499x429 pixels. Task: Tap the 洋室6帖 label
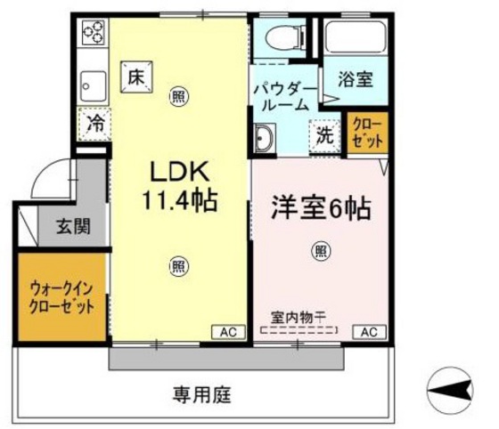(320, 210)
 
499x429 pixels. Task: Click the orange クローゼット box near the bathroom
(367, 133)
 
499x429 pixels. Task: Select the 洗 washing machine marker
(326, 136)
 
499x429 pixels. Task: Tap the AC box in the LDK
(227, 332)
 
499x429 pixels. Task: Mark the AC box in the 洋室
(369, 332)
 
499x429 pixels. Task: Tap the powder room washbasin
(265, 138)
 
